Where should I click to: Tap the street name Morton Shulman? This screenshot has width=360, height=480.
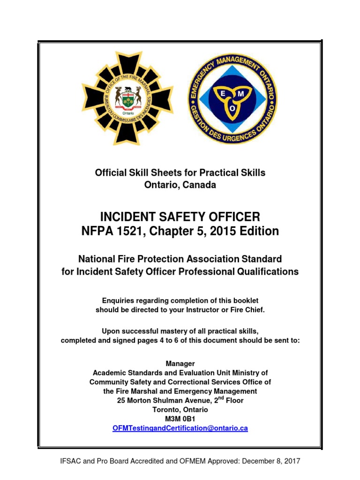pyautogui.click(x=156, y=400)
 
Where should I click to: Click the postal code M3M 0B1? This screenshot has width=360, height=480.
pyautogui.click(x=180, y=419)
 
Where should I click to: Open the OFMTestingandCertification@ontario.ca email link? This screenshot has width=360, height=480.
pyautogui.click(x=180, y=428)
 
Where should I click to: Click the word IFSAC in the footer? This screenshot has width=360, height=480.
pyautogui.click(x=71, y=461)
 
